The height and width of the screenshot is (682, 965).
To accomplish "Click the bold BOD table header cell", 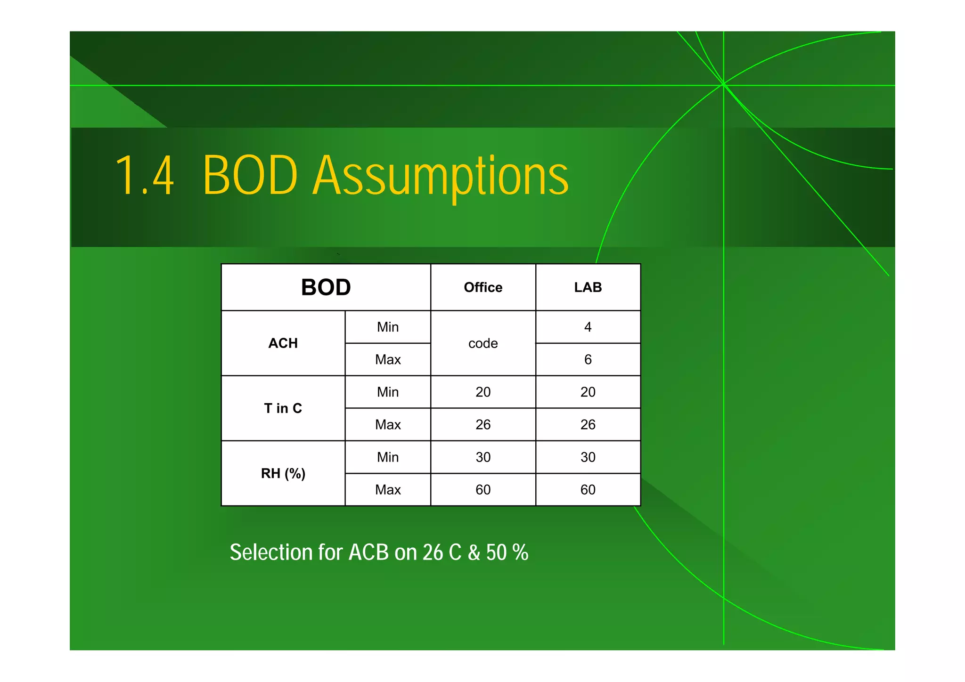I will coord(326,287).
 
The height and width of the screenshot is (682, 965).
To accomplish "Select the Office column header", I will coord(483,287).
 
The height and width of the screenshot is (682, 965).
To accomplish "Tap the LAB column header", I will coord(588,287).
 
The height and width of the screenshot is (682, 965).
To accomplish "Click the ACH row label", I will coord(283,343).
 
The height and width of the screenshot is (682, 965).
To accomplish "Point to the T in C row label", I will coord(283,408).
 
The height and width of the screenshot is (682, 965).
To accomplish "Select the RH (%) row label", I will coord(283,473).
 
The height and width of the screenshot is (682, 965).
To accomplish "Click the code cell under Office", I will coord(483,343).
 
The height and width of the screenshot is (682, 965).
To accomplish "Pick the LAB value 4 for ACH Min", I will coord(588,327).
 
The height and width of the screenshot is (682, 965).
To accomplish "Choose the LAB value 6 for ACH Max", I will coord(588,360).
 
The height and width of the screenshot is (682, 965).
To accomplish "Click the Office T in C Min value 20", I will coord(483,392).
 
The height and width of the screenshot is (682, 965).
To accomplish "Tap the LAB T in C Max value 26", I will coord(588,425).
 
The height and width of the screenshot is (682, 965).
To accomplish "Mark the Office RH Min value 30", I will coord(483,457).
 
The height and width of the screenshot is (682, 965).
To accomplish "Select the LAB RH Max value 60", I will coord(588,490).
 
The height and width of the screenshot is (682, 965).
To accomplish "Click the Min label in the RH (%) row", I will coord(388,457).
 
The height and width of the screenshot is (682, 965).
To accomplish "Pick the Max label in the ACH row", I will coord(388,360).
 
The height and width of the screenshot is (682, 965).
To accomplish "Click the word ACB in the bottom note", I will coord(368,552).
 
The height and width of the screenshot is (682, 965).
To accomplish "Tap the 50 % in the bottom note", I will coord(507,552).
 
